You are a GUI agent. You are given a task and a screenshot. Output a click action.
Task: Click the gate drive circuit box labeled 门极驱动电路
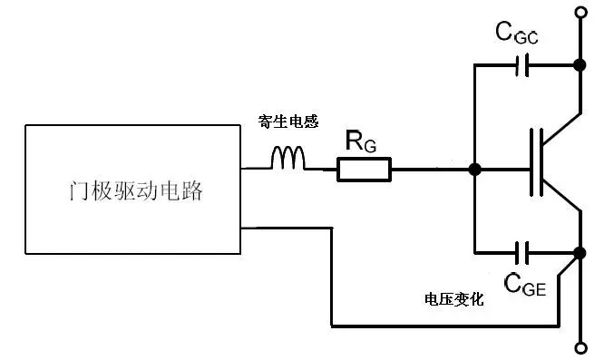click(x=134, y=190)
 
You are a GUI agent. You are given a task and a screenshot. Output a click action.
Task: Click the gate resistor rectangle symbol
click(x=365, y=169)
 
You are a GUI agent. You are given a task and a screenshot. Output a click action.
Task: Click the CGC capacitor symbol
click(x=522, y=65)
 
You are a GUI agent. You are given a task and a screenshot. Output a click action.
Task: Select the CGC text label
click(x=517, y=34)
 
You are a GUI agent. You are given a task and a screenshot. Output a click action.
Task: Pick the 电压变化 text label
click(x=454, y=299)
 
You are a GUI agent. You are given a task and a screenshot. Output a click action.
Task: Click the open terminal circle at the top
click(x=580, y=13)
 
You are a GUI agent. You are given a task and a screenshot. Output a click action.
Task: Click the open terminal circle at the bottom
click(x=580, y=347)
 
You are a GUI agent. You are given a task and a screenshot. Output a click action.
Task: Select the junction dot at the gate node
click(x=473, y=169)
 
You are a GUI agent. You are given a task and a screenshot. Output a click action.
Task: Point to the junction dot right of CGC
click(x=580, y=65)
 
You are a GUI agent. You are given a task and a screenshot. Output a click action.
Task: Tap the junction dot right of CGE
click(x=580, y=252)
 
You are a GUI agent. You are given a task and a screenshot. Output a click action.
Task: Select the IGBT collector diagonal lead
click(x=562, y=126)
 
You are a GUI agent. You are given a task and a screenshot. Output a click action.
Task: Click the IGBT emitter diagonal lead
click(x=562, y=200)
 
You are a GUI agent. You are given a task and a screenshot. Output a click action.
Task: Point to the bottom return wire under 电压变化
click(x=444, y=325)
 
